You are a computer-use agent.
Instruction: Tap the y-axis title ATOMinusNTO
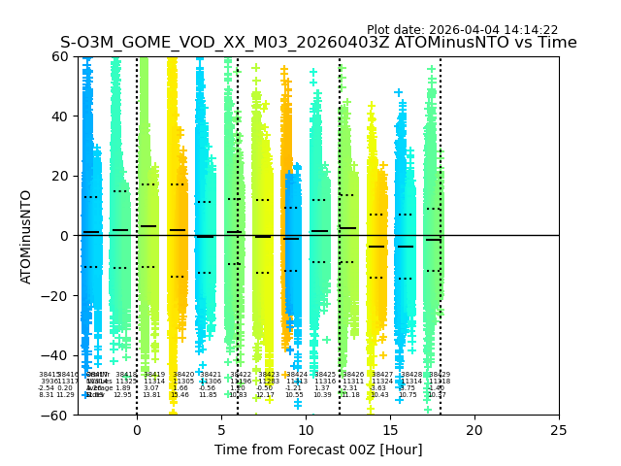[x=27, y=236]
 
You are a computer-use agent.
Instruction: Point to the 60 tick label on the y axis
[x=60, y=56]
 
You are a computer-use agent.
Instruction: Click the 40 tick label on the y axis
[x=60, y=116]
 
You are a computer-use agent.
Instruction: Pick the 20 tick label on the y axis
[x=60, y=176]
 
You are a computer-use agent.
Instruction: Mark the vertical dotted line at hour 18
[x=441, y=194]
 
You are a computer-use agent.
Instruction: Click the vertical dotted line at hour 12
[x=340, y=194]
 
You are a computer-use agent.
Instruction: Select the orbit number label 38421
[x=211, y=375]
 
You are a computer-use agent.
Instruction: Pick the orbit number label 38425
[x=325, y=375]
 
